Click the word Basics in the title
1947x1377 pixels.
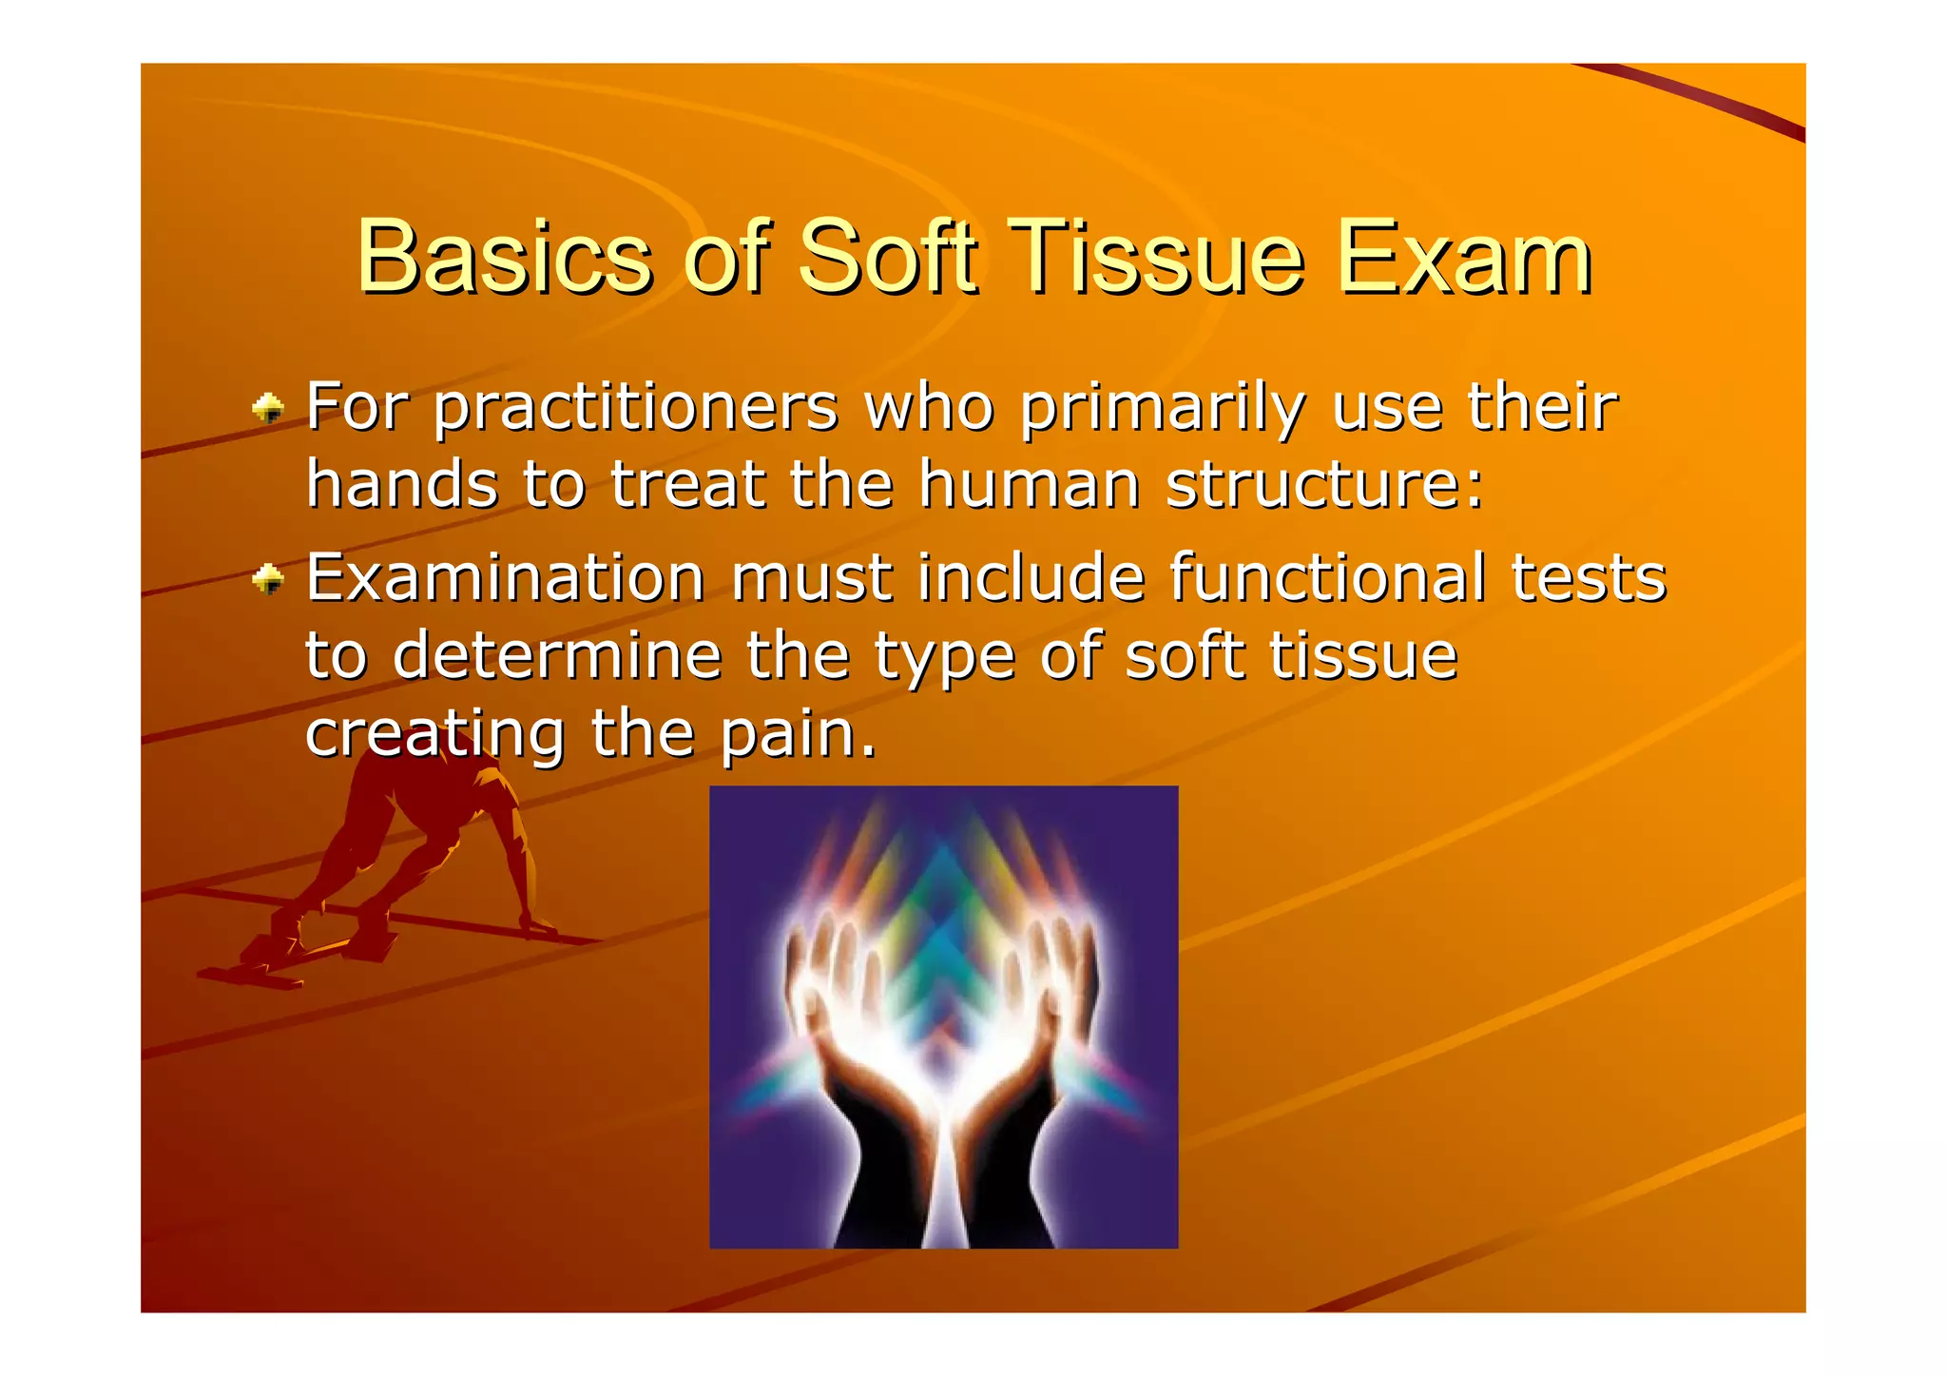(x=505, y=258)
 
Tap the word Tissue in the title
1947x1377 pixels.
(x=1155, y=258)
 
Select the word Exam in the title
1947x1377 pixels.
(x=1463, y=258)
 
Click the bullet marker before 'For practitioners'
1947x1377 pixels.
(x=268, y=409)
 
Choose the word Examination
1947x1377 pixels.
(x=505, y=578)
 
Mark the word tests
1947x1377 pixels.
(x=1589, y=578)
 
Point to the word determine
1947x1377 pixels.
(x=557, y=656)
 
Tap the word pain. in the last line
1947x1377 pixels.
(x=798, y=734)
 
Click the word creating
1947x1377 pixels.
(x=435, y=734)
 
